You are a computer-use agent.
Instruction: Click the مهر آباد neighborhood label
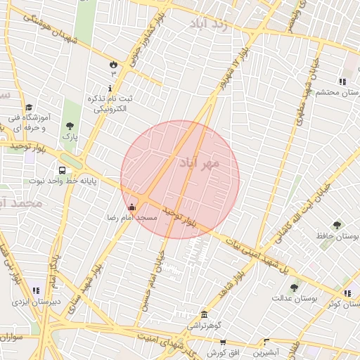[x=200, y=163]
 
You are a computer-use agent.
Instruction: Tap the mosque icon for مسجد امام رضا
[x=131, y=207]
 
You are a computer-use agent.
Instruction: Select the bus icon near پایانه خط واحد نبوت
[x=63, y=170]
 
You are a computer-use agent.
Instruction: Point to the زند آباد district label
[x=209, y=24]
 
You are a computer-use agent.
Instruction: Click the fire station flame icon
[x=112, y=65]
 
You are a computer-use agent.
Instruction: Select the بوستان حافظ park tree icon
[x=337, y=225]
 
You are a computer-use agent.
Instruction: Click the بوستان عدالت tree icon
[x=294, y=288]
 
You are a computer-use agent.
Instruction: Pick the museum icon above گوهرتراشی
[x=204, y=314]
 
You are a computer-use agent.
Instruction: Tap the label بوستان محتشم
[x=319, y=92]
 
